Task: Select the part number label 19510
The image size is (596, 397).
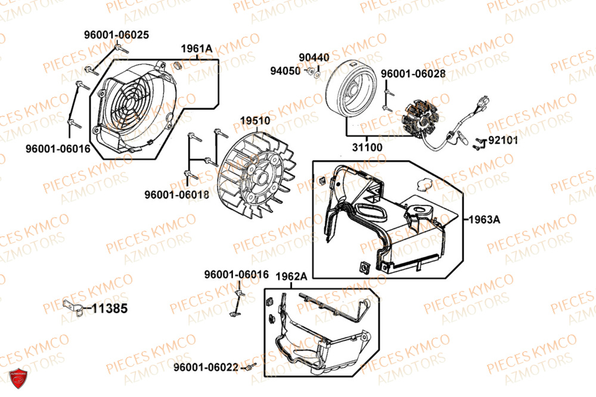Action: [x=255, y=120]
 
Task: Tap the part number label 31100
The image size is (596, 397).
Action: [x=367, y=147]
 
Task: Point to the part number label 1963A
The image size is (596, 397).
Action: [x=484, y=219]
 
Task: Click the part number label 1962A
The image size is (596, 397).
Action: [x=291, y=277]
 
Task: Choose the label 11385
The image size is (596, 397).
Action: [x=110, y=309]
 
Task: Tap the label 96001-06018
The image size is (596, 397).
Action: [x=176, y=194]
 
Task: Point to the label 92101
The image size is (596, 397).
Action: [x=503, y=141]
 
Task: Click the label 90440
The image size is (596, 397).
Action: [x=314, y=57]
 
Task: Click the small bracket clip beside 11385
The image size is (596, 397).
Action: [x=71, y=308]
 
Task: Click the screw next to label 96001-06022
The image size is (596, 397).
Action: [x=250, y=367]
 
